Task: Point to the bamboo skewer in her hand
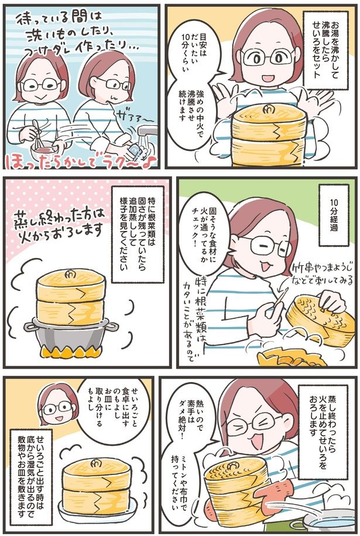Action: point(279,304)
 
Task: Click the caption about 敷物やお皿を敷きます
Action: point(36,469)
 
